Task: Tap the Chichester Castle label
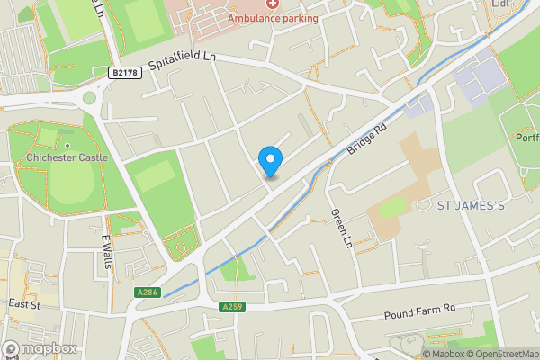(67, 157)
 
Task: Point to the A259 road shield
(230, 307)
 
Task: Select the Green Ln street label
(339, 229)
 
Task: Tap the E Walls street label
(107, 250)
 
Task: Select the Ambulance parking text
(272, 17)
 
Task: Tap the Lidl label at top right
(501, 4)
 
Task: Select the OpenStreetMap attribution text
(499, 353)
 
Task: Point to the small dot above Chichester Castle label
(67, 146)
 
